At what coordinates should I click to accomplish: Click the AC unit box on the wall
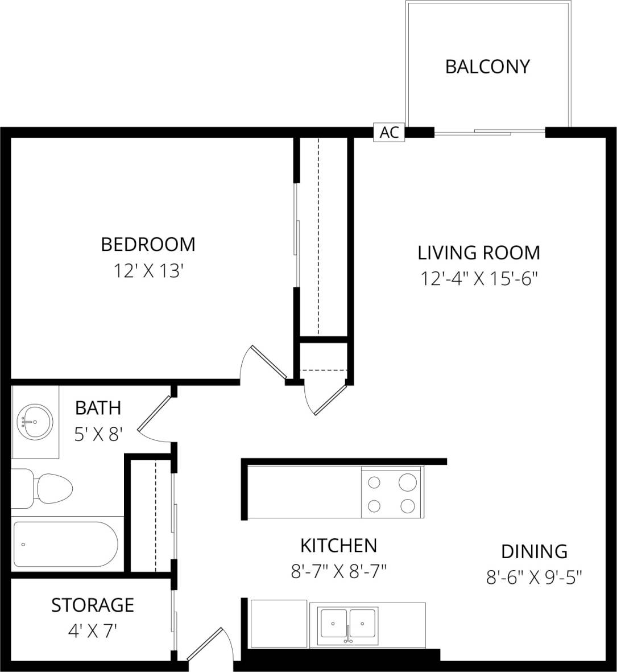point(389,133)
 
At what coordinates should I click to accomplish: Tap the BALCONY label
point(487,67)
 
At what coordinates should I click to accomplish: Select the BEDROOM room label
point(148,244)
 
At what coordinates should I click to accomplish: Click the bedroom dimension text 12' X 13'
point(148,271)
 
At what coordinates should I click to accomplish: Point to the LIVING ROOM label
point(479,252)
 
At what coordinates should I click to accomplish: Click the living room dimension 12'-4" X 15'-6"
point(479,279)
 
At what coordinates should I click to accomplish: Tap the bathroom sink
point(34,422)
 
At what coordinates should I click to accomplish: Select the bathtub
point(65,544)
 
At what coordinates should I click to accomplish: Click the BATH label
point(98,408)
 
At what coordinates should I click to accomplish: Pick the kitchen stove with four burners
point(392,492)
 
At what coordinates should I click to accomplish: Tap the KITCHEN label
point(338,546)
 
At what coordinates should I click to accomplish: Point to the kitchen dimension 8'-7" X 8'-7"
point(338,571)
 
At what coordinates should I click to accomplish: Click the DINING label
point(534,551)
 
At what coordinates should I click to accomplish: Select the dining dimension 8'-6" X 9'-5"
point(534,578)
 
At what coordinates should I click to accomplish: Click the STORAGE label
point(93,605)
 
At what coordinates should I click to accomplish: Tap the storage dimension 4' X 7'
point(93,630)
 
